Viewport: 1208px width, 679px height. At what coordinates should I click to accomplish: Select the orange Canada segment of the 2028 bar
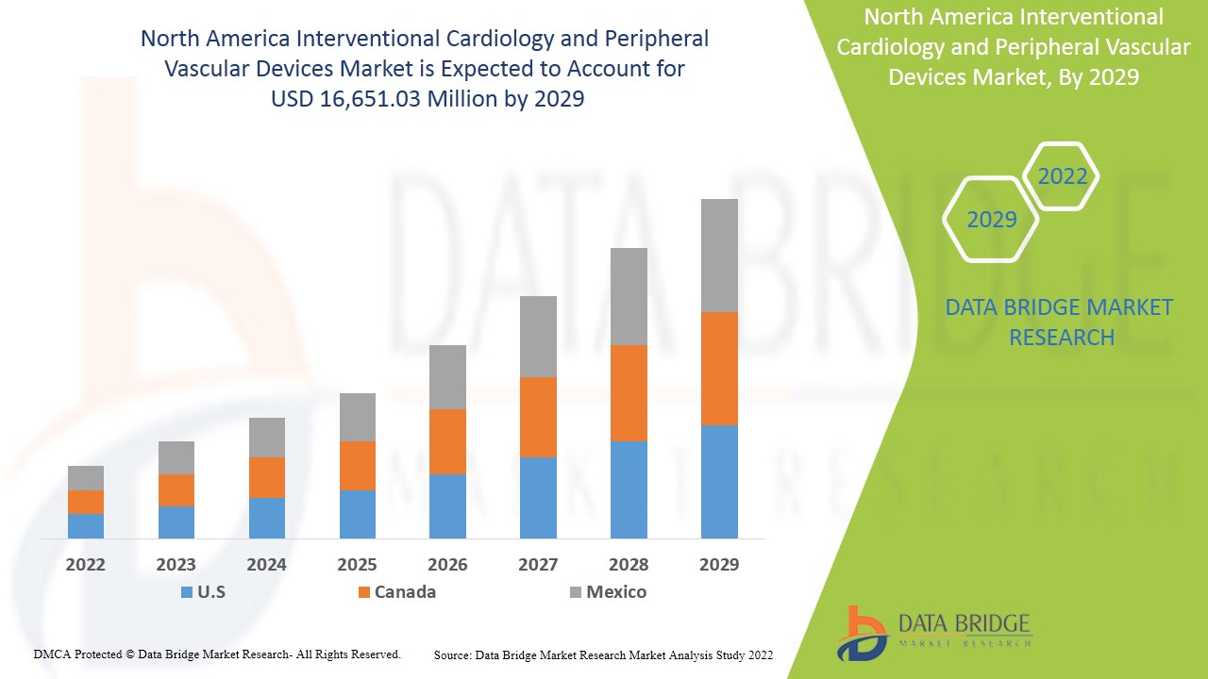tap(629, 393)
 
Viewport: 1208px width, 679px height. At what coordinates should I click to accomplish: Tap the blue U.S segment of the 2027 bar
tap(538, 497)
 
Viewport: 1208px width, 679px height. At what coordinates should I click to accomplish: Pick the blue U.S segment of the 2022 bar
tap(86, 525)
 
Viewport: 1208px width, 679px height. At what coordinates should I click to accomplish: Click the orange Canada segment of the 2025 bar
tap(358, 465)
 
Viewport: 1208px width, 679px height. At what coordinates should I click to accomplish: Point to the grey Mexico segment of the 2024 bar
tap(267, 438)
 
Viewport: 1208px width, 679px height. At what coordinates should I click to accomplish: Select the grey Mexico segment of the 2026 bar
tap(447, 377)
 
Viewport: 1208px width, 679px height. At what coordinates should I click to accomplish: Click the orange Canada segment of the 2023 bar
tap(176, 489)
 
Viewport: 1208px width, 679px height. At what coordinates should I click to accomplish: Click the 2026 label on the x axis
tap(447, 565)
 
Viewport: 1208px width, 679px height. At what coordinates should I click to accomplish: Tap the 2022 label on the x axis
tap(86, 565)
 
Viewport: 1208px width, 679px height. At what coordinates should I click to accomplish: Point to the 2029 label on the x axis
tap(719, 565)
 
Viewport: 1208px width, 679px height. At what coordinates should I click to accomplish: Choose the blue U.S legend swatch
tap(186, 592)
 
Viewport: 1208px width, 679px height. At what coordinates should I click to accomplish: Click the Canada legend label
tap(405, 592)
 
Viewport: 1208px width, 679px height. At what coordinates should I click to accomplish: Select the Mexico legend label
tap(616, 592)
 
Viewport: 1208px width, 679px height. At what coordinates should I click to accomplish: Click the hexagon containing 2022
tap(1062, 176)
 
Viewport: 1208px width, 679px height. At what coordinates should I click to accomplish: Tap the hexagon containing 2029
tap(991, 220)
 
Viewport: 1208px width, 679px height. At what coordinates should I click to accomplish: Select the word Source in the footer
tap(452, 654)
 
